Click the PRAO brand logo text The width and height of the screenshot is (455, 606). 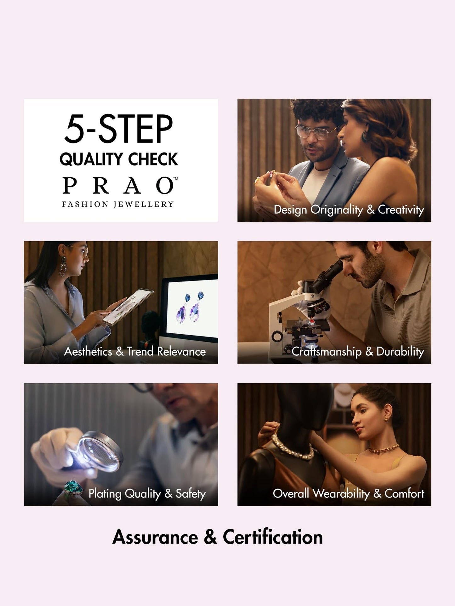coord(120,186)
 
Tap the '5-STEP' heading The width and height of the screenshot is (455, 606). coord(119,129)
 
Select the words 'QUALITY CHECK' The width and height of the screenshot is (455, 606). coord(119,159)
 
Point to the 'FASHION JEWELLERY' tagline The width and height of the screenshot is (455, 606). coord(118,204)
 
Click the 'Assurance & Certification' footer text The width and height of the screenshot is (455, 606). coord(218,537)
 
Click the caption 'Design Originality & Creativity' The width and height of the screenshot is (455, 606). coord(349,210)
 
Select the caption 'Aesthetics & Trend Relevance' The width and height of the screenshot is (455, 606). coord(135,352)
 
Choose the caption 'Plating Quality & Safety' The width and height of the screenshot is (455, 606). coord(147,494)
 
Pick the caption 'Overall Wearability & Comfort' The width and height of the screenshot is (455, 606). coord(349,494)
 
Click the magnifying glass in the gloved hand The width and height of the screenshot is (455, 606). coord(99,450)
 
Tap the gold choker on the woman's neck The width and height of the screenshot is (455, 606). coord(384,449)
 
